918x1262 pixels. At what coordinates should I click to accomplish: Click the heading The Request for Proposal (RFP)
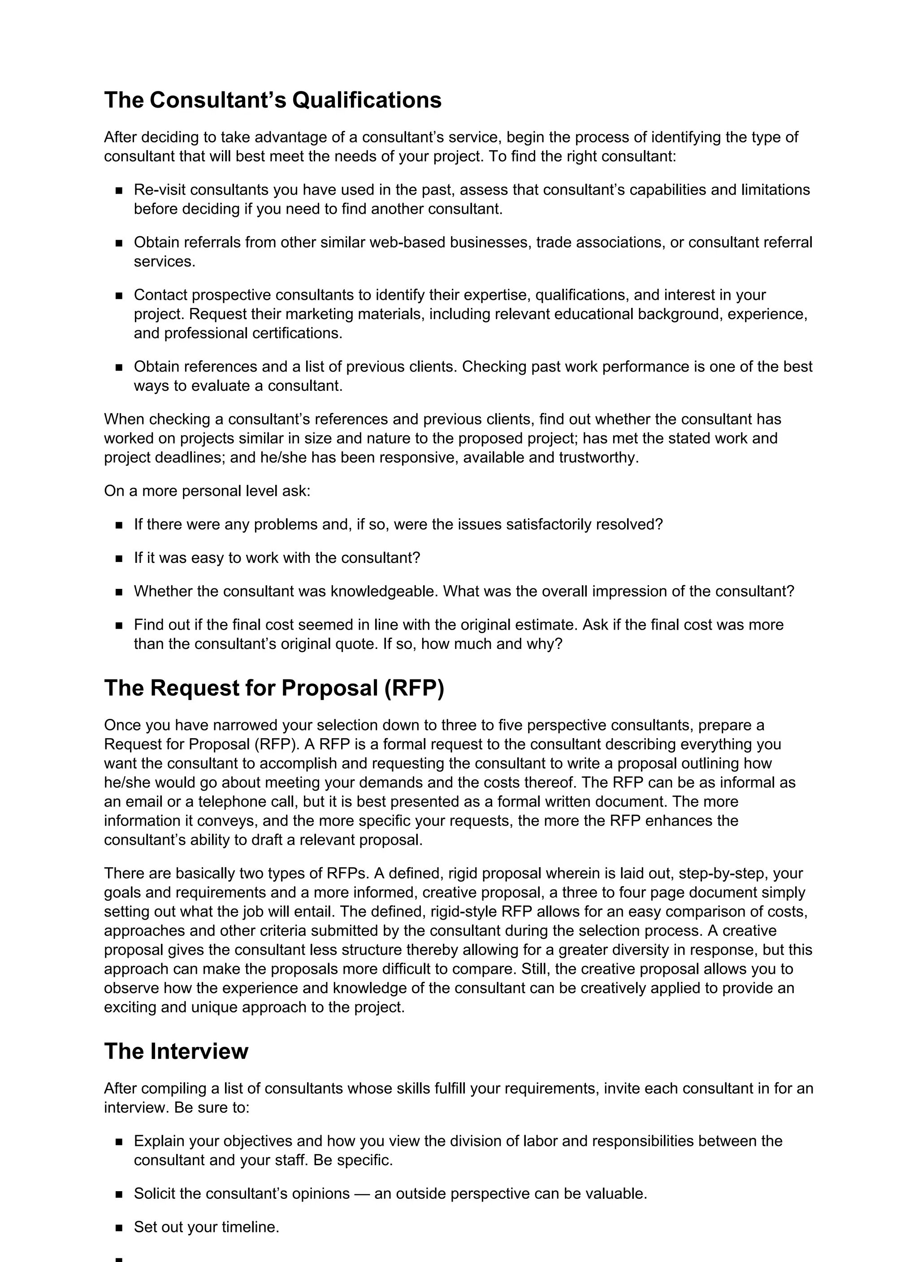[x=274, y=688]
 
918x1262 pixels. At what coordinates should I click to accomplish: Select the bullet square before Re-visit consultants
[x=119, y=191]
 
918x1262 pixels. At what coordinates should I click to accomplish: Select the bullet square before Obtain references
[x=119, y=368]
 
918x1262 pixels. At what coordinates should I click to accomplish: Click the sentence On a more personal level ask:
[x=207, y=491]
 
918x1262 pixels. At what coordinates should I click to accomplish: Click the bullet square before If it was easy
[x=119, y=559]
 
